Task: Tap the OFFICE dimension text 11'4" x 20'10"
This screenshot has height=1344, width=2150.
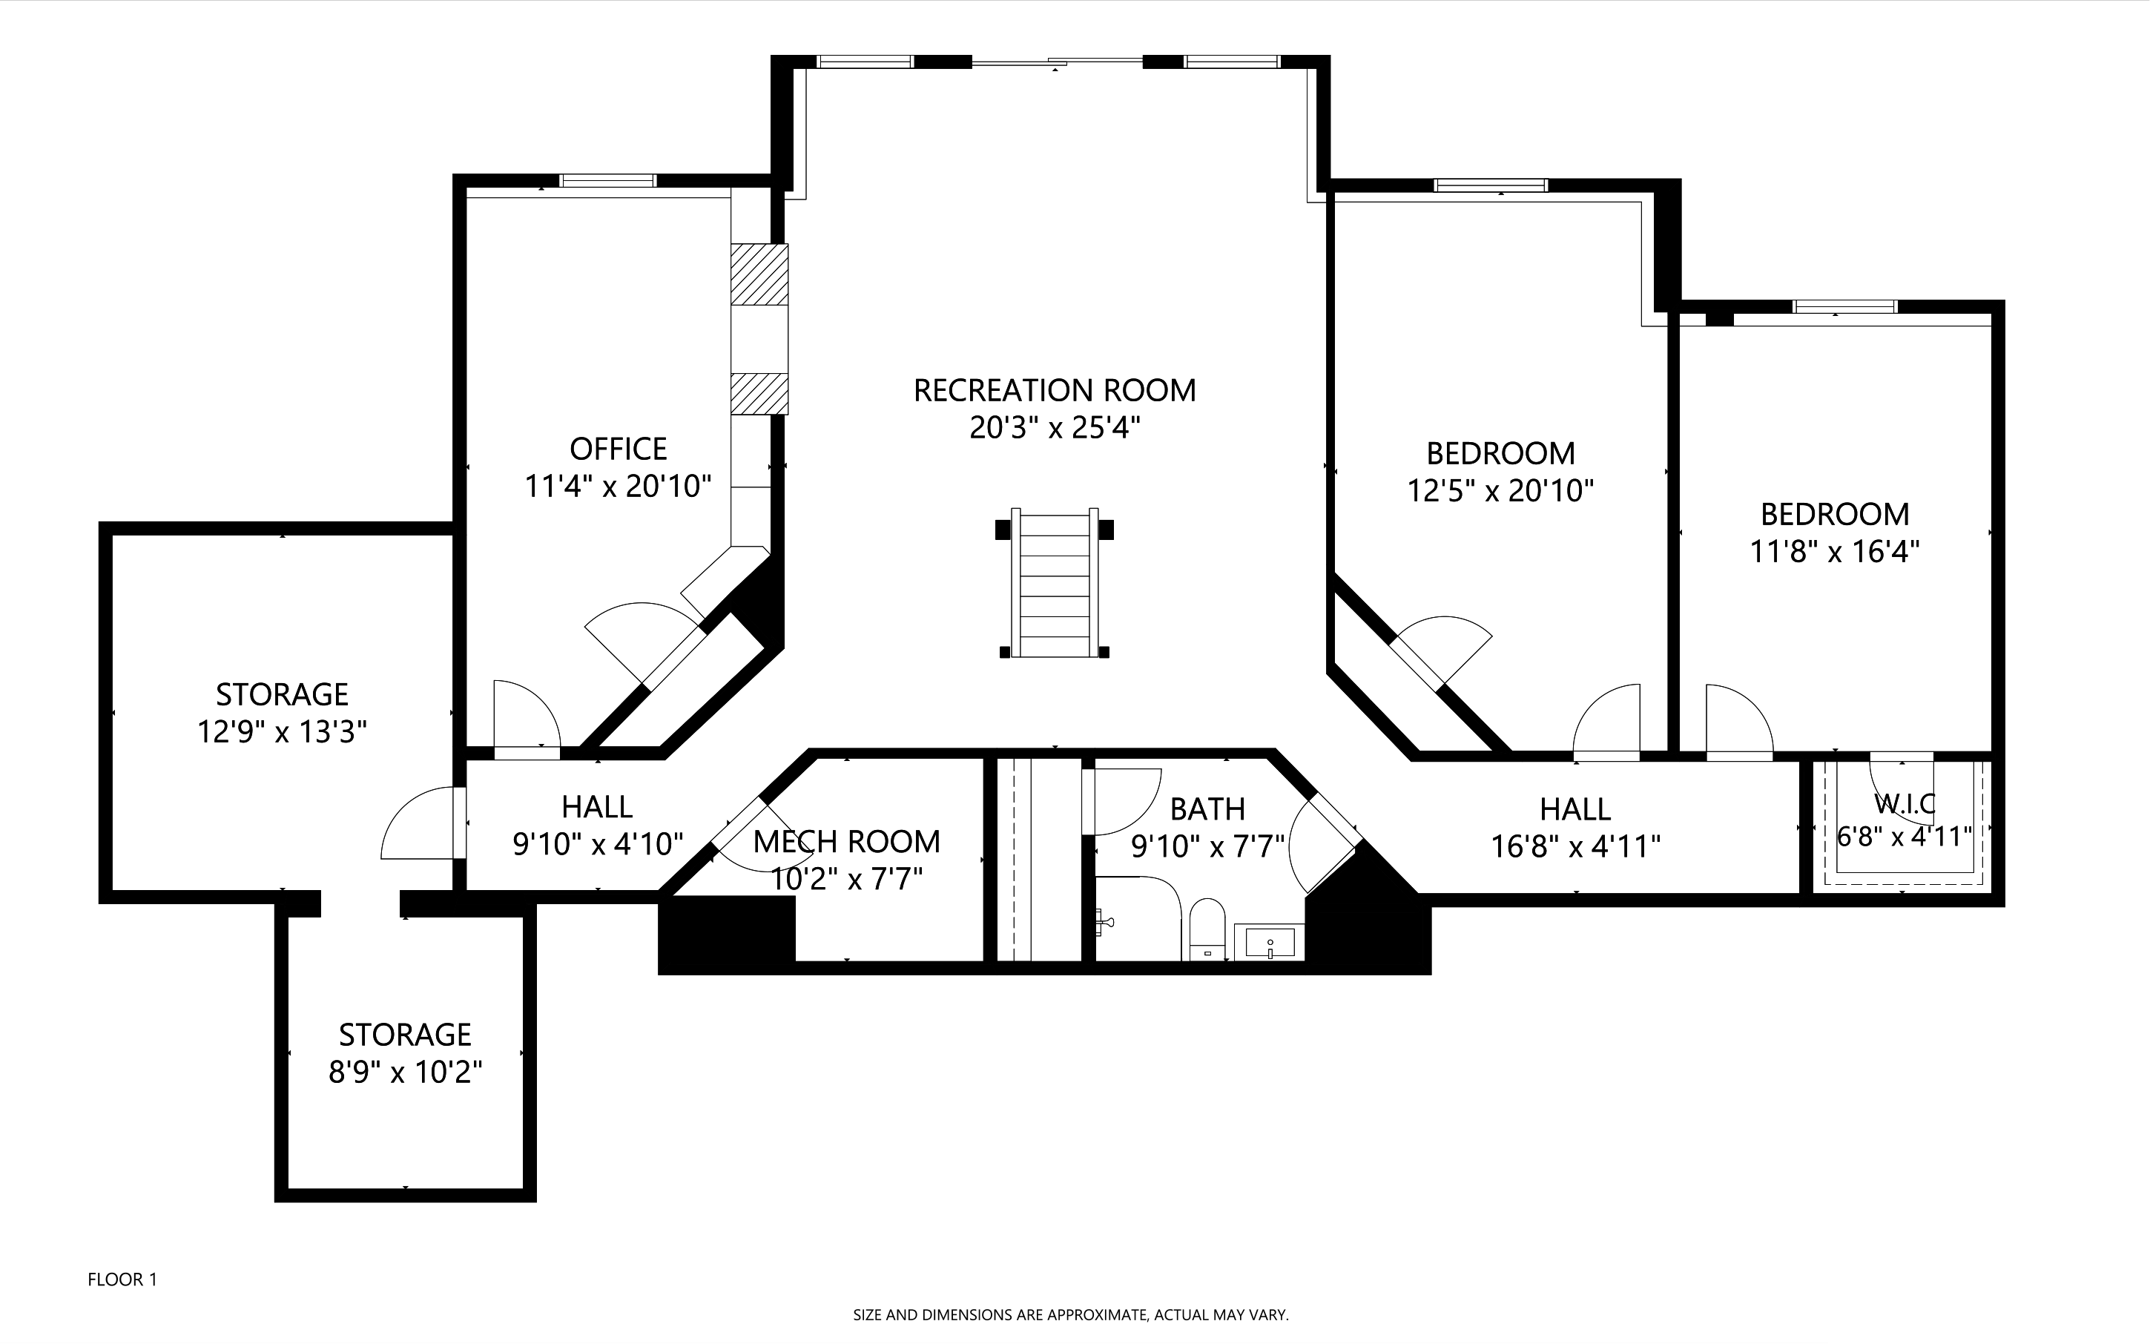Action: pos(618,487)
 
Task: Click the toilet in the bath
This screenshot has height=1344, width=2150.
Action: pos(1206,929)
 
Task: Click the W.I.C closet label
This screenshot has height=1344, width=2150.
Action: pos(1905,803)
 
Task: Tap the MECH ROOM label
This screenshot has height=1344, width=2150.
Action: pos(846,841)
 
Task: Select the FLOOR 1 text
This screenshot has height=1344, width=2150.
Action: pos(122,1280)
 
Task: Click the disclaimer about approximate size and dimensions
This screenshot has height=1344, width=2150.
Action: pos(1071,1314)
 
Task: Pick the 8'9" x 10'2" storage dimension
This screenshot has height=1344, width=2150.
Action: pos(405,1072)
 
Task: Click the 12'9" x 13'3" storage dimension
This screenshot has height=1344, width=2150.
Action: pos(282,731)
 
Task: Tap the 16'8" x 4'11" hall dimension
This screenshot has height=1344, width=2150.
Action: pos(1575,846)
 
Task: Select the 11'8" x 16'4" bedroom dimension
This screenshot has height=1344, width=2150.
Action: pos(1835,552)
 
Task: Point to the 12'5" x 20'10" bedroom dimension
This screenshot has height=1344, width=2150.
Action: pos(1500,491)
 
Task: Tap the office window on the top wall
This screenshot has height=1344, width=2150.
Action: pos(608,180)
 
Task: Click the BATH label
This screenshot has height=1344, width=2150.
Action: pos(1207,809)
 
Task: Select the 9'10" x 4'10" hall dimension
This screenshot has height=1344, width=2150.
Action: pos(597,843)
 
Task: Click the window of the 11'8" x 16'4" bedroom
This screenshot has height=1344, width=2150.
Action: pos(1845,306)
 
